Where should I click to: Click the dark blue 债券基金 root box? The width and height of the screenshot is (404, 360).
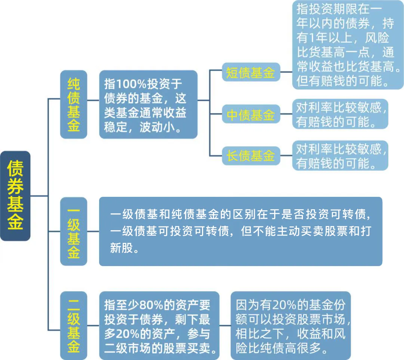[x=15, y=195]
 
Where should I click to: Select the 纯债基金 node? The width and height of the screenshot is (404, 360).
[x=73, y=104]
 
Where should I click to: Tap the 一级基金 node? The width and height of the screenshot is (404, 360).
[x=73, y=232]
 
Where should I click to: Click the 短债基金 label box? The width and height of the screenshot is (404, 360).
[x=251, y=72]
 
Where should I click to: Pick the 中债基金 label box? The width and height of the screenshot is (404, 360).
[x=251, y=114]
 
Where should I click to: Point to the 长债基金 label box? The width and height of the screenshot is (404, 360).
[x=251, y=156]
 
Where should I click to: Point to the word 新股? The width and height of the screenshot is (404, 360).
[x=122, y=248]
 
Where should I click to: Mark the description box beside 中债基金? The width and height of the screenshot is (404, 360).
[x=340, y=114]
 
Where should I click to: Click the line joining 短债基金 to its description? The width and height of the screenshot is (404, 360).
[x=286, y=72]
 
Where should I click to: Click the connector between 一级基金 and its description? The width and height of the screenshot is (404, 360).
[x=93, y=232]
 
